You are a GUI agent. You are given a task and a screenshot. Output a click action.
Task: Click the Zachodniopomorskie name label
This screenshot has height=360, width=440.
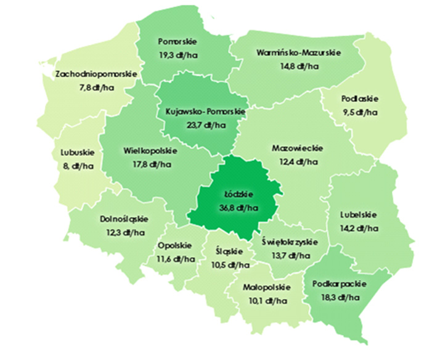[96, 75]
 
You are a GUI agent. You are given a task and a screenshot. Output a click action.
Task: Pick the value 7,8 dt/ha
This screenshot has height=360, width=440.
[96, 88]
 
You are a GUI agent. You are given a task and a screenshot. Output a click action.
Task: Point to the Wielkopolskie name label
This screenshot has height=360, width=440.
[150, 151]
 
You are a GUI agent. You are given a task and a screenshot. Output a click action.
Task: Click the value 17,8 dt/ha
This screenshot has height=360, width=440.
[150, 165]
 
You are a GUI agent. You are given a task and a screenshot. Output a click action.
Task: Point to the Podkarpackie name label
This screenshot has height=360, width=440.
[340, 284]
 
